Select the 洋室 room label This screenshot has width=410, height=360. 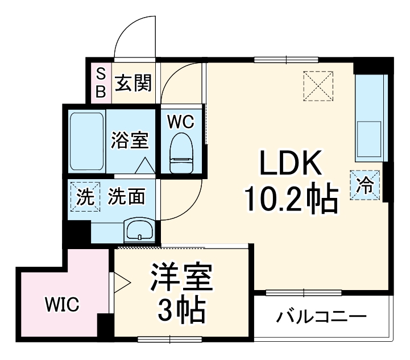click(181, 278)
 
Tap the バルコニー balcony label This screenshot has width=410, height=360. click(322, 316)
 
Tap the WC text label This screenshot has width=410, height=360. click(181, 121)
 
